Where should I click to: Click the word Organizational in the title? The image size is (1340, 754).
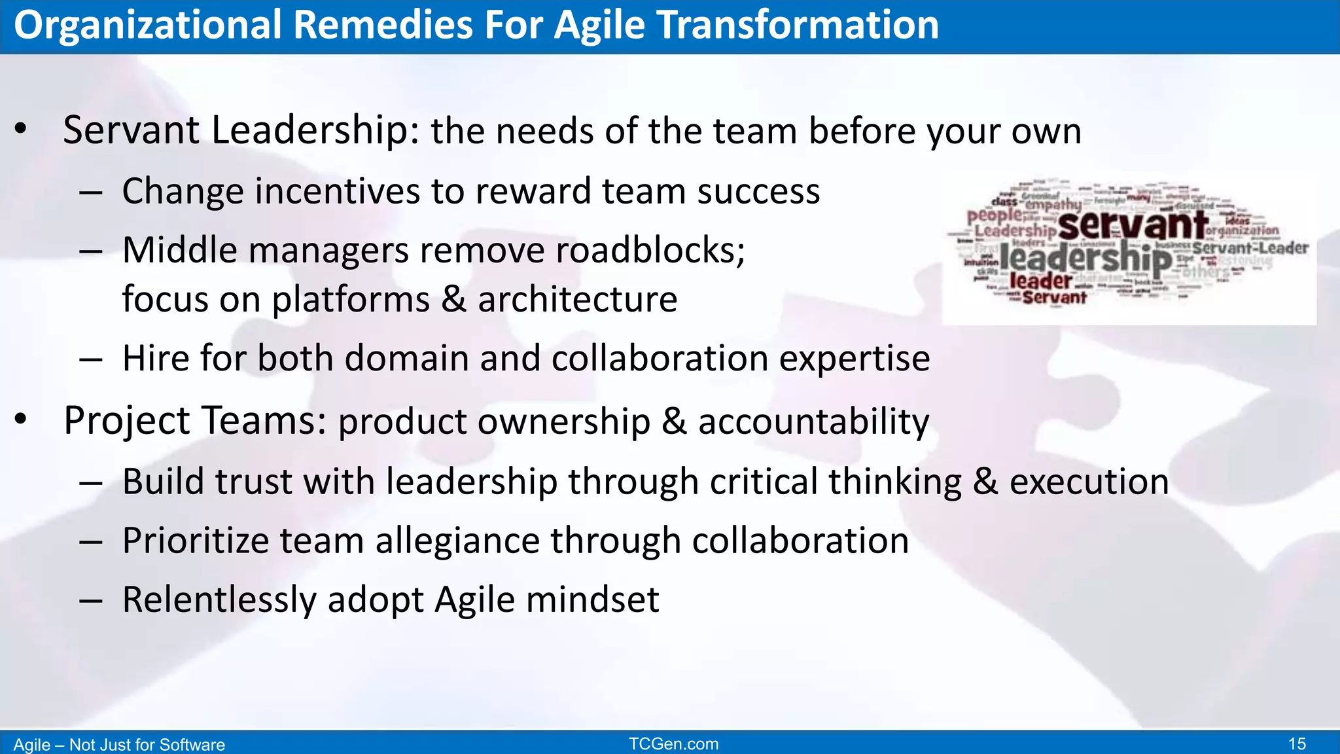point(148,26)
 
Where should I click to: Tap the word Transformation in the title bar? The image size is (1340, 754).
point(798,26)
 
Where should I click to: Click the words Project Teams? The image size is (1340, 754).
point(194,421)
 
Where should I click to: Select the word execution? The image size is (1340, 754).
point(1089,482)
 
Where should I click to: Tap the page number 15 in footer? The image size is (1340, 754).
point(1297,744)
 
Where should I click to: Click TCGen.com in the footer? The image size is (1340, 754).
point(673,744)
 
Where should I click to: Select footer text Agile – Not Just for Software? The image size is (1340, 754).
point(119,745)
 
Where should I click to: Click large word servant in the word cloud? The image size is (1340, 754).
point(1133,225)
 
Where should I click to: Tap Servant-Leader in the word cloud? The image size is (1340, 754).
point(1250,248)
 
